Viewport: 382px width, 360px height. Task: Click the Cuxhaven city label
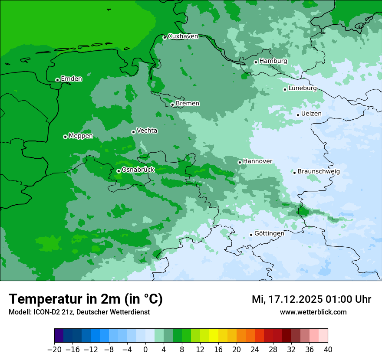183,36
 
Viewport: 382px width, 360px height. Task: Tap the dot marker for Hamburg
256,62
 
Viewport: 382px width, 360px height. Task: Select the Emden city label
71,79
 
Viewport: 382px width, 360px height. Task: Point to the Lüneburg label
303,88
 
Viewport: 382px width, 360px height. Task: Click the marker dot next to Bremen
172,105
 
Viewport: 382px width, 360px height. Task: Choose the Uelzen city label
311,114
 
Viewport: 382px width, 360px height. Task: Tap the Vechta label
147,131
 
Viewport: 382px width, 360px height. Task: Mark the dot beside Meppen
65,137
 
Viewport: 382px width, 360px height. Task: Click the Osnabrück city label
138,170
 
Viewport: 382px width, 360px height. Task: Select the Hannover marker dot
240,162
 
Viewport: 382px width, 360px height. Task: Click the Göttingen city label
269,234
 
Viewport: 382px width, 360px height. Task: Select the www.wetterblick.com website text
313,312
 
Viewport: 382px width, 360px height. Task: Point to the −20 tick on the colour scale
54,350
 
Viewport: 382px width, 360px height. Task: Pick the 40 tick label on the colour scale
328,350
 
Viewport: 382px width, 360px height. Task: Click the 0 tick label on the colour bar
145,350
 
